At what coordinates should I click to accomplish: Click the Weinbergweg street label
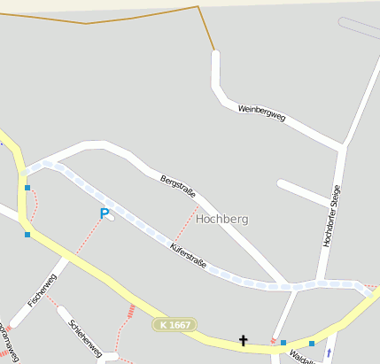coord(261,113)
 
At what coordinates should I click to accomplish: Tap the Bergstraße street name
coord(177,188)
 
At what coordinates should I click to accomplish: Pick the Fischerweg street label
coord(42,290)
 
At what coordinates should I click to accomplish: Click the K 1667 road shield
coord(174,325)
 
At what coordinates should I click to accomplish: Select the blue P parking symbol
coord(104,214)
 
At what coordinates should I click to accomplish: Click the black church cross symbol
coord(243,339)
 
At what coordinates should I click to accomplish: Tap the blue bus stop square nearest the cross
coord(283,343)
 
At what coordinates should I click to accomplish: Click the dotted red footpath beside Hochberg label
coord(185,225)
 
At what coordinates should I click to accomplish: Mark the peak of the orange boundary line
coord(198,7)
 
